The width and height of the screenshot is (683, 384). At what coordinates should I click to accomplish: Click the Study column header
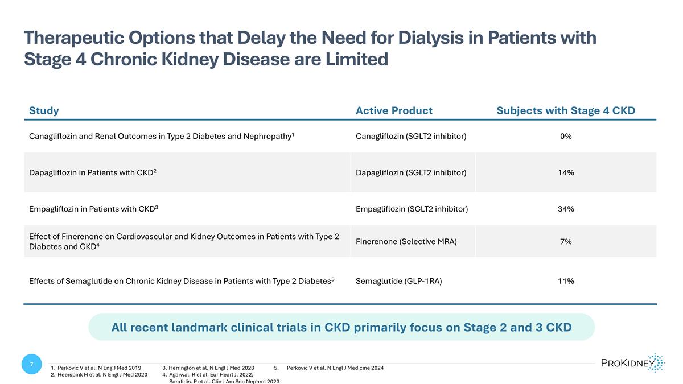[x=44, y=111]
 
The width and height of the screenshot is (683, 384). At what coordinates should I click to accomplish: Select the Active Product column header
[x=394, y=111]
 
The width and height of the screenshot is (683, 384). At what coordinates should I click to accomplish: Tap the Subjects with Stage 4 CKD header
[x=566, y=111]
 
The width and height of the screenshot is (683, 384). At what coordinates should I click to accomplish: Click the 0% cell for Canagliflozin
[x=566, y=137]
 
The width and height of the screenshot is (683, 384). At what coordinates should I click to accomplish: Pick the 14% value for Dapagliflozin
[x=566, y=172]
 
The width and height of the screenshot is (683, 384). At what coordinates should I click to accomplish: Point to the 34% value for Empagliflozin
[x=566, y=209]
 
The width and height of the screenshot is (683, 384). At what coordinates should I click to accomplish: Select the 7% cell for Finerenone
[x=566, y=242]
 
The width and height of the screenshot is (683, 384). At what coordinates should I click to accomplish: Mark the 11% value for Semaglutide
[x=566, y=281]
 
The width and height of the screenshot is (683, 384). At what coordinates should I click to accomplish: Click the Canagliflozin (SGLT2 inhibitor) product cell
[x=412, y=137]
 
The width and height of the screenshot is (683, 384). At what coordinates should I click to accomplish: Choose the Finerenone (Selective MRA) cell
[x=406, y=242]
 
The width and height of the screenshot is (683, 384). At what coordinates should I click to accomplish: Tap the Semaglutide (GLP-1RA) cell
[x=398, y=281]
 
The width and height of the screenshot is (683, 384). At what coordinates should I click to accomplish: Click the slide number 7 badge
[x=32, y=365]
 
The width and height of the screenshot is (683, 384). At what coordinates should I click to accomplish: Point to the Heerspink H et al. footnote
[x=102, y=375]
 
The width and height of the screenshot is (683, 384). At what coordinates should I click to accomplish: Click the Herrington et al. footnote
[x=211, y=368]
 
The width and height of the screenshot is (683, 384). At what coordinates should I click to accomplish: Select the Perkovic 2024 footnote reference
[x=335, y=368]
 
